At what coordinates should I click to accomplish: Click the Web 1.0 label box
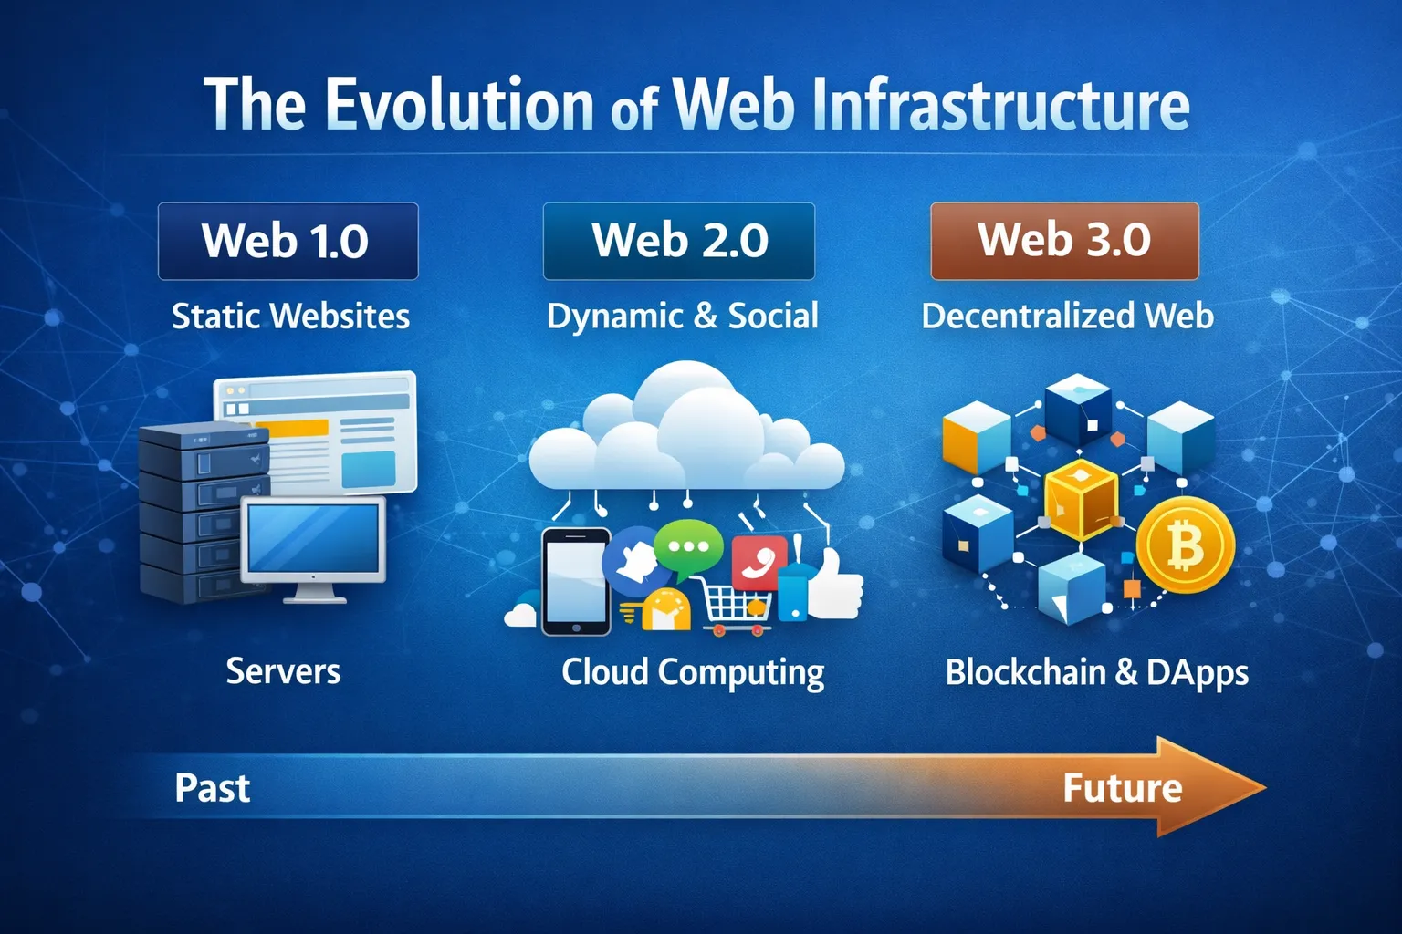(288, 241)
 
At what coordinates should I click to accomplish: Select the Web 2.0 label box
(678, 241)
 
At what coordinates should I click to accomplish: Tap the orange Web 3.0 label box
(1064, 241)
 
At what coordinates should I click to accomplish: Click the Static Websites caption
(290, 317)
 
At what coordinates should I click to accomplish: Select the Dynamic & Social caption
(682, 317)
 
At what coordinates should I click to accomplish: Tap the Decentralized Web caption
(1067, 317)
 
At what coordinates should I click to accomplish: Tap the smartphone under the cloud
(575, 581)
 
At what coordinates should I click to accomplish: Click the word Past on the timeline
(212, 788)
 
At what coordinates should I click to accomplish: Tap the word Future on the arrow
(1122, 788)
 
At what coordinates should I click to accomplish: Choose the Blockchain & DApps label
(1096, 673)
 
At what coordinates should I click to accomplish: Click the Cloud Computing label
(693, 673)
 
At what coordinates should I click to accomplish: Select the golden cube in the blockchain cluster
(1080, 500)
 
